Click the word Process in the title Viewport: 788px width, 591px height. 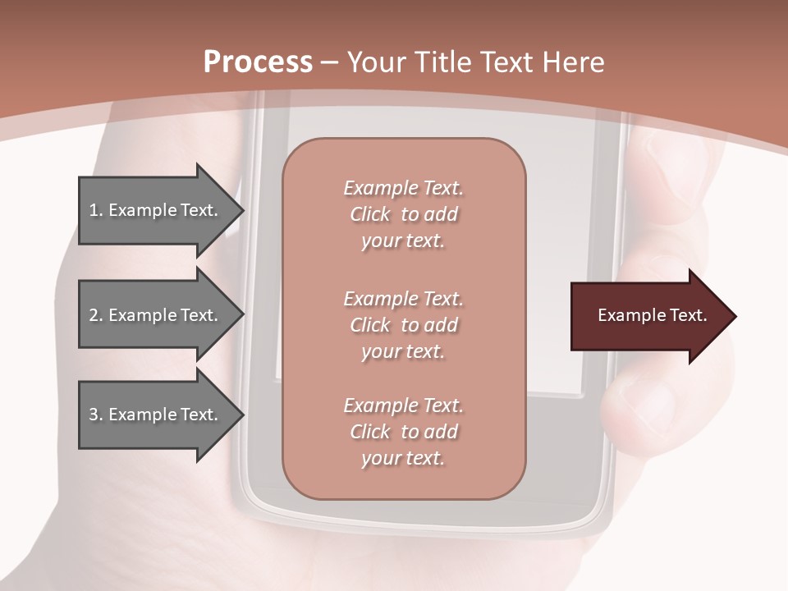click(x=258, y=62)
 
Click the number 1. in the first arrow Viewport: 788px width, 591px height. click(x=96, y=210)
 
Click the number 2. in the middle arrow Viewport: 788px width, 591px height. click(x=96, y=315)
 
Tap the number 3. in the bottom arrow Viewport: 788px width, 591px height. click(x=96, y=415)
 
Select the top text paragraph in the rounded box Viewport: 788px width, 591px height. click(x=403, y=214)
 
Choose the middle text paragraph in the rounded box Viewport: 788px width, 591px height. click(x=403, y=325)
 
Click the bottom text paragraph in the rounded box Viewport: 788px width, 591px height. click(x=403, y=432)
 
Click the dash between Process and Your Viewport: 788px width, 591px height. click(x=330, y=62)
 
